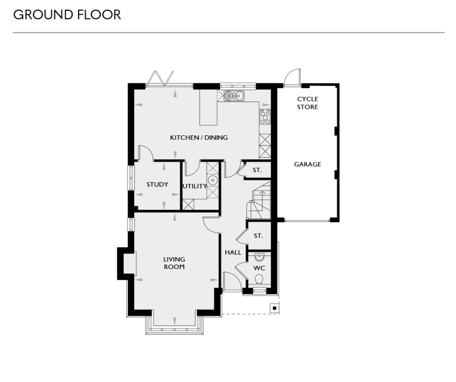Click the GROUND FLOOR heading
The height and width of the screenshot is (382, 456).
67,15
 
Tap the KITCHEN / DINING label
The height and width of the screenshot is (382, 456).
199,137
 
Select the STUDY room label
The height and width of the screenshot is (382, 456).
157,185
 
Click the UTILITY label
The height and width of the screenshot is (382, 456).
195,186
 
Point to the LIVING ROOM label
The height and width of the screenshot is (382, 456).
174,263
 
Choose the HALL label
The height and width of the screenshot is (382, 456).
233,252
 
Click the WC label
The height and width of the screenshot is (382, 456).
259,268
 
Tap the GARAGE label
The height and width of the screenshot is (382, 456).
307,164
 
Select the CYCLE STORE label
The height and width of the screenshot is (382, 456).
307,103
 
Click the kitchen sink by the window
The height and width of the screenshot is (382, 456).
235,96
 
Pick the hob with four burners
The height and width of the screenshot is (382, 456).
265,117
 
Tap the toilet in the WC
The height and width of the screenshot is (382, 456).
259,279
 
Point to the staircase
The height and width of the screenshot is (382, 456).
259,201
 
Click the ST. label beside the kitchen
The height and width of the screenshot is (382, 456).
257,170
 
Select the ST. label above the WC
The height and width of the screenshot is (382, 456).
259,236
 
